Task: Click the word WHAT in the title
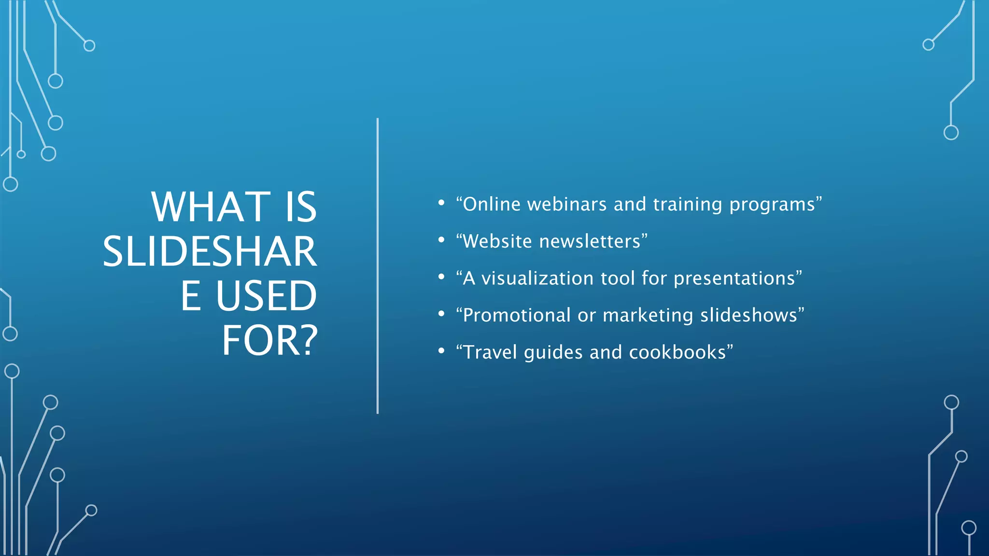[211, 207]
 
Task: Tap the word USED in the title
[266, 296]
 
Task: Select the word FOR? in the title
[269, 341]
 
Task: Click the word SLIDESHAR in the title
[210, 251]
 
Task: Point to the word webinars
[566, 204]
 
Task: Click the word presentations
[734, 279]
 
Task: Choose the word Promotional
[517, 316]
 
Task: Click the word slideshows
[749, 316]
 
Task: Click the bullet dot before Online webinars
[441, 203]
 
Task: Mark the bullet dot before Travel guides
[441, 351]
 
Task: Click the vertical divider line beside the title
[378, 265]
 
